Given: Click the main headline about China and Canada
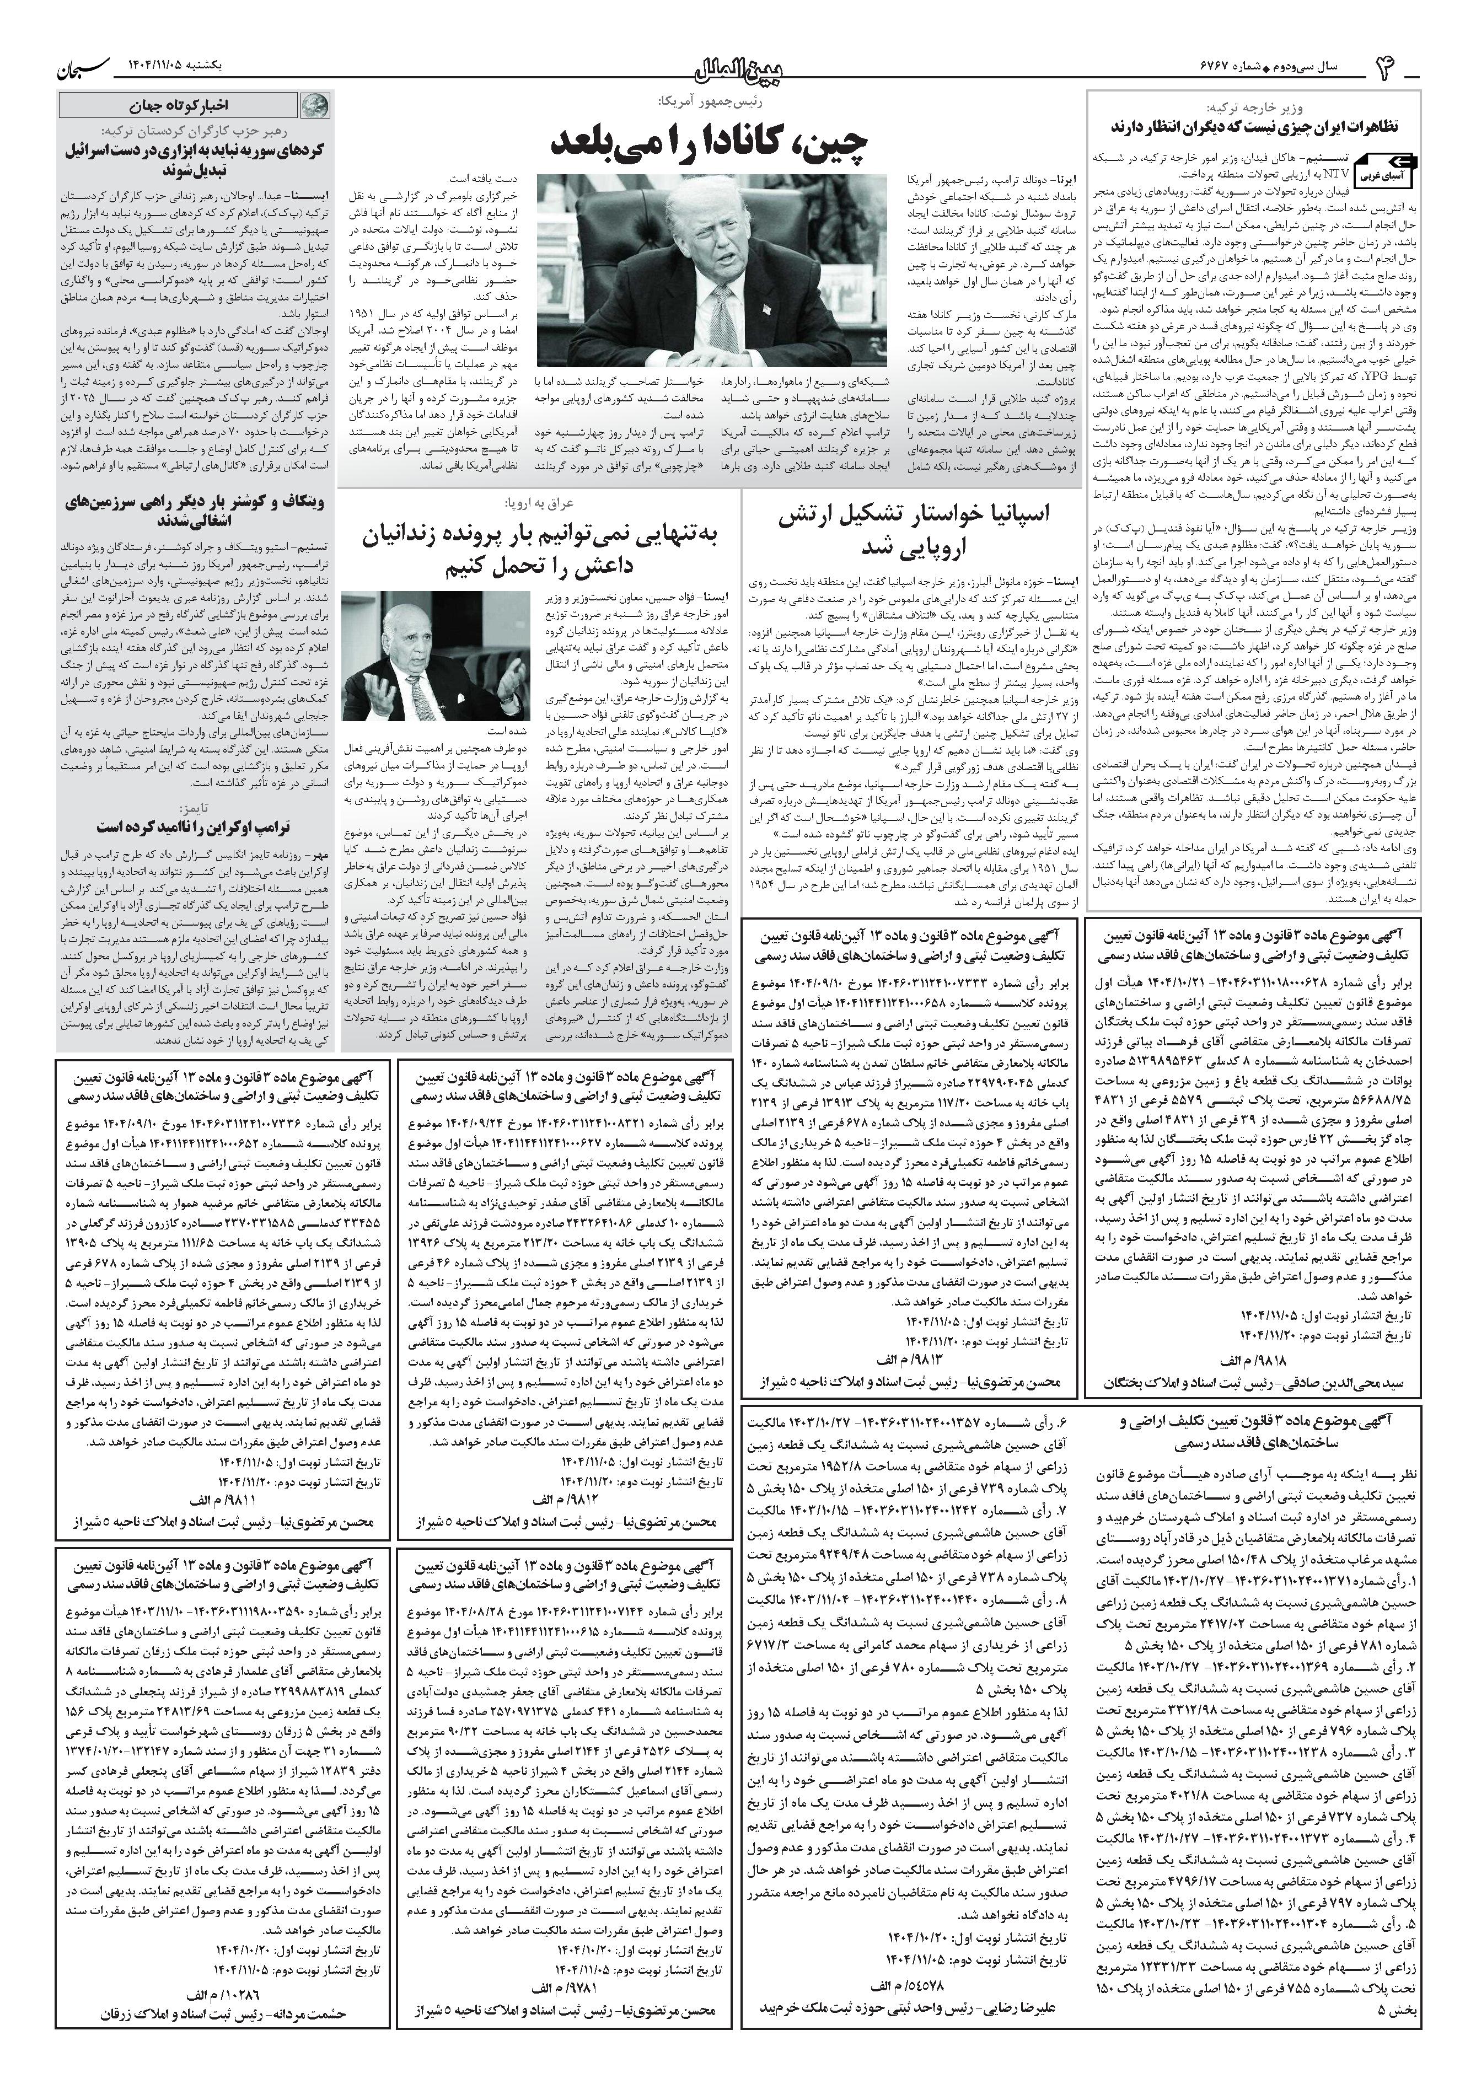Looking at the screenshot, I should pyautogui.click(x=710, y=141).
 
